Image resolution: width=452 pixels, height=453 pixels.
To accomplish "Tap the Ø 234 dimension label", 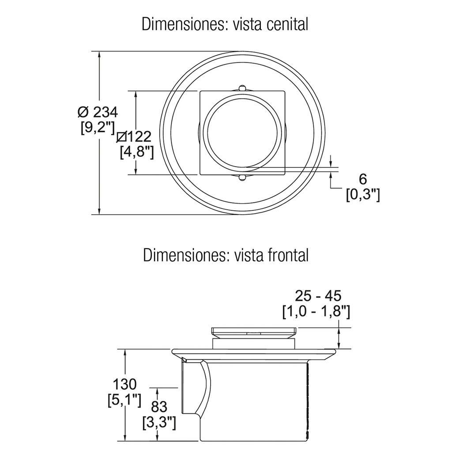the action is [98, 112].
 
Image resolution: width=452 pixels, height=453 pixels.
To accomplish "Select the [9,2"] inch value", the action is [98, 127].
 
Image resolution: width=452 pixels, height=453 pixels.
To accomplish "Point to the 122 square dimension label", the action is [133, 136].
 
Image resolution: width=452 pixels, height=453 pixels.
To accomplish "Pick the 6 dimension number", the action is [363, 179].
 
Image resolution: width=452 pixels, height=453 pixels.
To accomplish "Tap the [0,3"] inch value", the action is [363, 195].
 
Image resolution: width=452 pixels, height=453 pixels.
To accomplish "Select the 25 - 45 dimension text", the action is [318, 296].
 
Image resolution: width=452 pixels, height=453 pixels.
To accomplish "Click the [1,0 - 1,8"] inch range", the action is [316, 312].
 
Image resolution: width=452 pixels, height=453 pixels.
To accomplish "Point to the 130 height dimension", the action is [124, 385].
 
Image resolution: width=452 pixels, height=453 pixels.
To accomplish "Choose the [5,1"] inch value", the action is [124, 401].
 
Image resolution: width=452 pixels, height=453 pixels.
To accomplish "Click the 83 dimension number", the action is [159, 406].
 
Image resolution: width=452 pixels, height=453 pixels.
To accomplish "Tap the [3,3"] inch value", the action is [159, 423].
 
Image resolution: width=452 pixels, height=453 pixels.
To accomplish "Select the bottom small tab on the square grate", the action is [242, 178].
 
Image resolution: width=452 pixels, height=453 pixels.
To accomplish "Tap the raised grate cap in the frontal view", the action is [254, 332].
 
